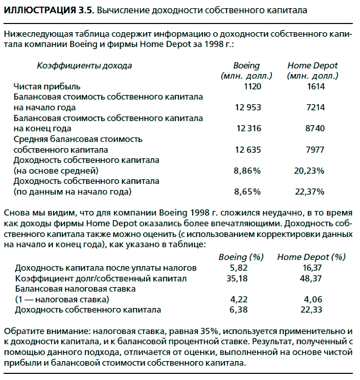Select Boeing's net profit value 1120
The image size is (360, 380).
pos(252,86)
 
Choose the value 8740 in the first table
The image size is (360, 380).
pos(314,128)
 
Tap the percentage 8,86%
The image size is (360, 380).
pos(247,171)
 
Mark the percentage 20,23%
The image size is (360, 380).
pos(309,171)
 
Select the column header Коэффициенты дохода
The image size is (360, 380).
pos(84,65)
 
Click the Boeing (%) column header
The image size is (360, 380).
pos(240,257)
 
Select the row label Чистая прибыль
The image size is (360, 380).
pos(47,86)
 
